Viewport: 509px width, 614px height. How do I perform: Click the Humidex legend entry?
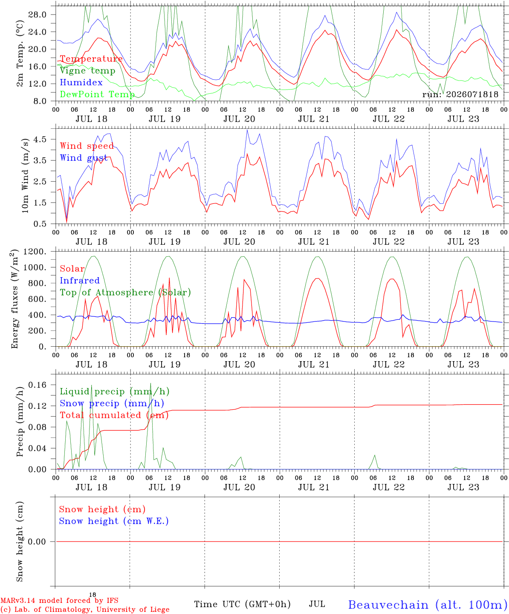(81, 82)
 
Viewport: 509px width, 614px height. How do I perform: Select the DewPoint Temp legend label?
(97, 94)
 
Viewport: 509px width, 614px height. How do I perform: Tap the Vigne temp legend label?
(88, 71)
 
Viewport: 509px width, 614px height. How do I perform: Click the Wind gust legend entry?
(84, 158)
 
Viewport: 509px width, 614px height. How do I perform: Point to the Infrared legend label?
(80, 281)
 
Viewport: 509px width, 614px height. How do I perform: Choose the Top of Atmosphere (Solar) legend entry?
(126, 293)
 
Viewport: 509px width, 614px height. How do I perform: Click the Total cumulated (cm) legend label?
(114, 415)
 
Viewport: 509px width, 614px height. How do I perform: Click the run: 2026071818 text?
(460, 94)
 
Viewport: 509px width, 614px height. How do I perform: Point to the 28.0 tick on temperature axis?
(38, 14)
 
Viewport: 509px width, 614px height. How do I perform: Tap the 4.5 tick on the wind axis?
(40, 139)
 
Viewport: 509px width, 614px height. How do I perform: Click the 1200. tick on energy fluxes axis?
(35, 252)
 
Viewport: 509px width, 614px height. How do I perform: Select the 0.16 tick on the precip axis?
(38, 385)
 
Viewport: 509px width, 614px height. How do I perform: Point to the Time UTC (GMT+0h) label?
(242, 604)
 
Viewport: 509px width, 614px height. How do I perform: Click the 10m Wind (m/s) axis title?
(25, 176)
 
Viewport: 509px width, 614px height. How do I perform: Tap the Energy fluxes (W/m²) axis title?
(14, 299)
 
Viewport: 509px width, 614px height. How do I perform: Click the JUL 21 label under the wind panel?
(314, 242)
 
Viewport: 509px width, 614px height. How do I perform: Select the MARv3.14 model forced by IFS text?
(59, 600)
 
